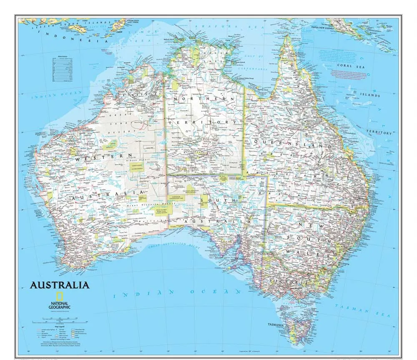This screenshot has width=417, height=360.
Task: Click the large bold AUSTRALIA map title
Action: coord(60,285)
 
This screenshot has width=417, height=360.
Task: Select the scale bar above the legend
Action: coord(58,320)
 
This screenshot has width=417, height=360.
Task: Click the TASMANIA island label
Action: coord(276,325)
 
